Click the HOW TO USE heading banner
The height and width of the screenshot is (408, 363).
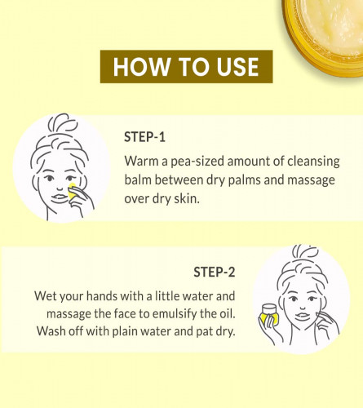tap(186, 66)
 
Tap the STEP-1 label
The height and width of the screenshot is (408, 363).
tap(144, 137)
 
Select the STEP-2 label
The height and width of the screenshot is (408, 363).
tap(215, 272)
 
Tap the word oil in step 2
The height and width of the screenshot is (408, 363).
tap(227, 313)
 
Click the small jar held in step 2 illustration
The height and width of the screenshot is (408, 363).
tap(269, 314)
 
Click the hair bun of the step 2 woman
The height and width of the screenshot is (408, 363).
tap(306, 252)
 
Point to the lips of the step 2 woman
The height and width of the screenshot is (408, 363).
tap(303, 317)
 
